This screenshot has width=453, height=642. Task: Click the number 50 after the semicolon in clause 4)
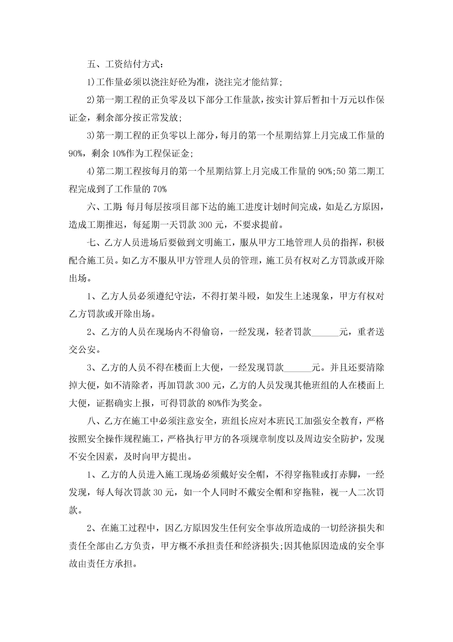[x=341, y=171]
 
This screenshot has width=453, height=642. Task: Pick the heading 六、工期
[x=104, y=207]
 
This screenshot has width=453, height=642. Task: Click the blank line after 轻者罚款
[x=325, y=332]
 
